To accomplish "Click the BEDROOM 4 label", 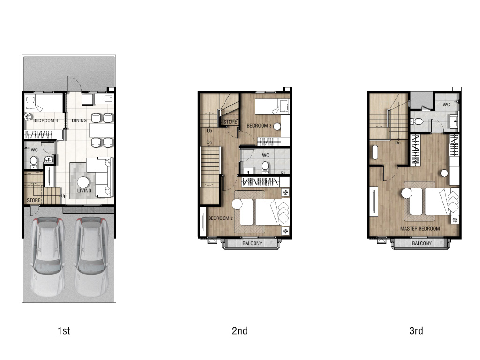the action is point(45,120).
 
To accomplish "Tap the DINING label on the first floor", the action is point(79,120).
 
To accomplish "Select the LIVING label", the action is point(84,190).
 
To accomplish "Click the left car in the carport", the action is point(47,256).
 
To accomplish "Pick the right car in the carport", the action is point(91,256).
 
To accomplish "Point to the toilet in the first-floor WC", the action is point(33,162).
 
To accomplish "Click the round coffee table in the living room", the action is point(83,182).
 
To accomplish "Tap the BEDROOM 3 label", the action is point(259,126).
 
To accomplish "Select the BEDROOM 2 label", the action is point(220,218).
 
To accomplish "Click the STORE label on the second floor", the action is point(230,122).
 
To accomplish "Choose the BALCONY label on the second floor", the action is point(252,243).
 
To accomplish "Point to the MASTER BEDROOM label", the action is point(420,229).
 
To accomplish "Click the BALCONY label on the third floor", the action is point(422,243).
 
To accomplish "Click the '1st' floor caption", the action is point(64,331).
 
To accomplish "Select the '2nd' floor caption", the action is point(240,331).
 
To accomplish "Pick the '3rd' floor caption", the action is point(416,331).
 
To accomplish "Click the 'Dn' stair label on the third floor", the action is point(398,142).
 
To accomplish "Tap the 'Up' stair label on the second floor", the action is point(210,131).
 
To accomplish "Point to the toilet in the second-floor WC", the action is point(265,167).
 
